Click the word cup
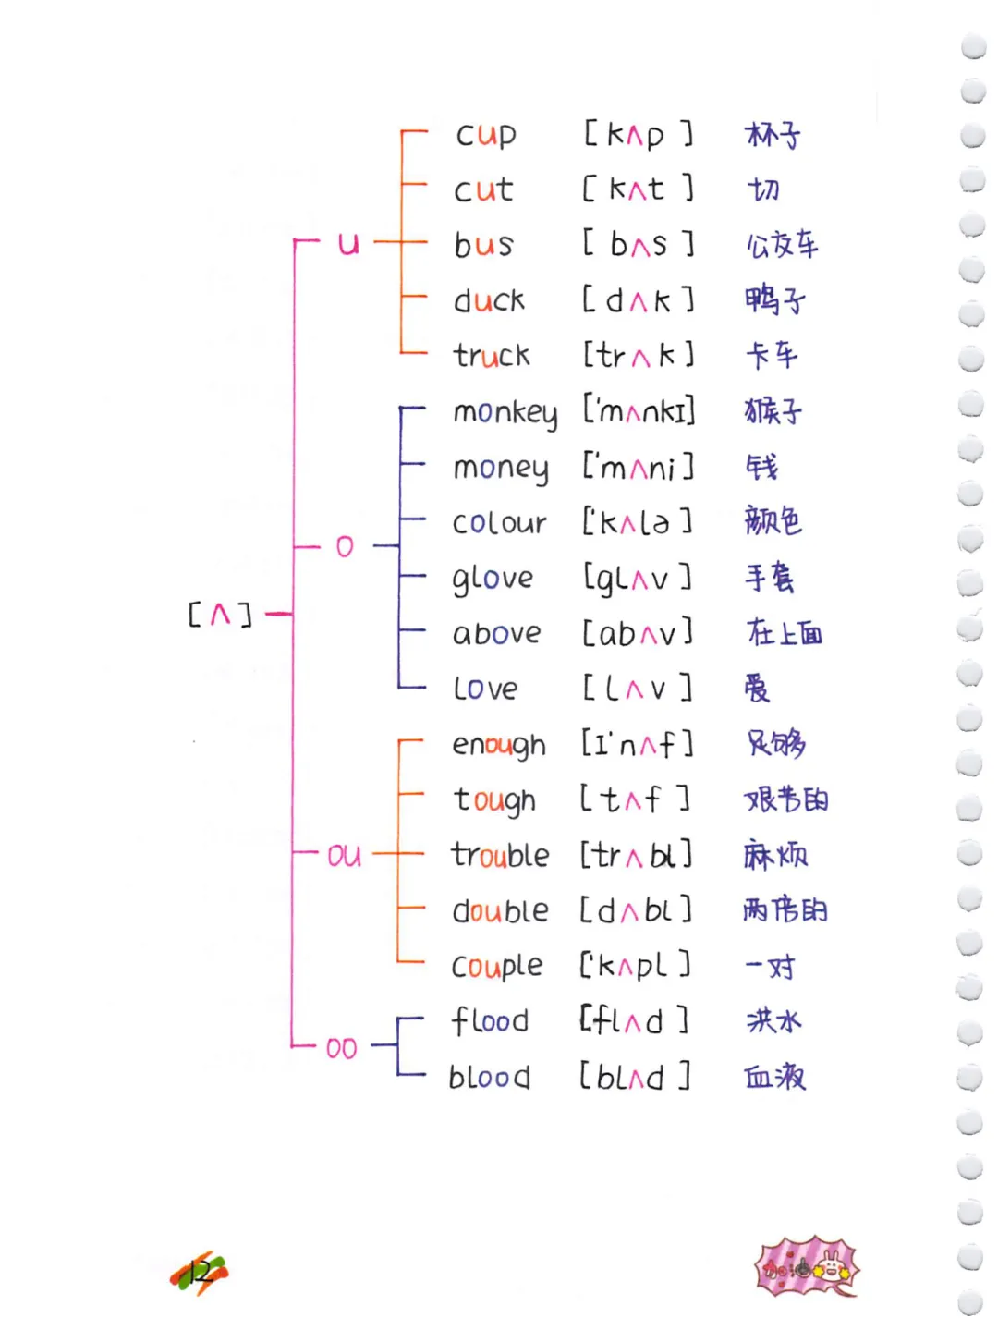(x=485, y=136)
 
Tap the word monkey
(x=505, y=412)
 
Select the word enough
(x=498, y=746)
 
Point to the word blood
(x=489, y=1078)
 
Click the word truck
(x=492, y=356)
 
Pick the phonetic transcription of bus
(x=638, y=245)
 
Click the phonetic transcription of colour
(x=637, y=523)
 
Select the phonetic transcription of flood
(x=634, y=1021)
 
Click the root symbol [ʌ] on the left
(x=219, y=615)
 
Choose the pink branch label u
(x=347, y=244)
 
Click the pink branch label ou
(x=344, y=856)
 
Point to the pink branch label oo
(x=341, y=1049)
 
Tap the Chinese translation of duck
(x=774, y=300)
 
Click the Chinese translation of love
(x=757, y=689)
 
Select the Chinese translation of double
(x=785, y=910)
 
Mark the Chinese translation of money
(x=762, y=467)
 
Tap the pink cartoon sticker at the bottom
(x=807, y=1267)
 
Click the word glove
(x=493, y=580)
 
